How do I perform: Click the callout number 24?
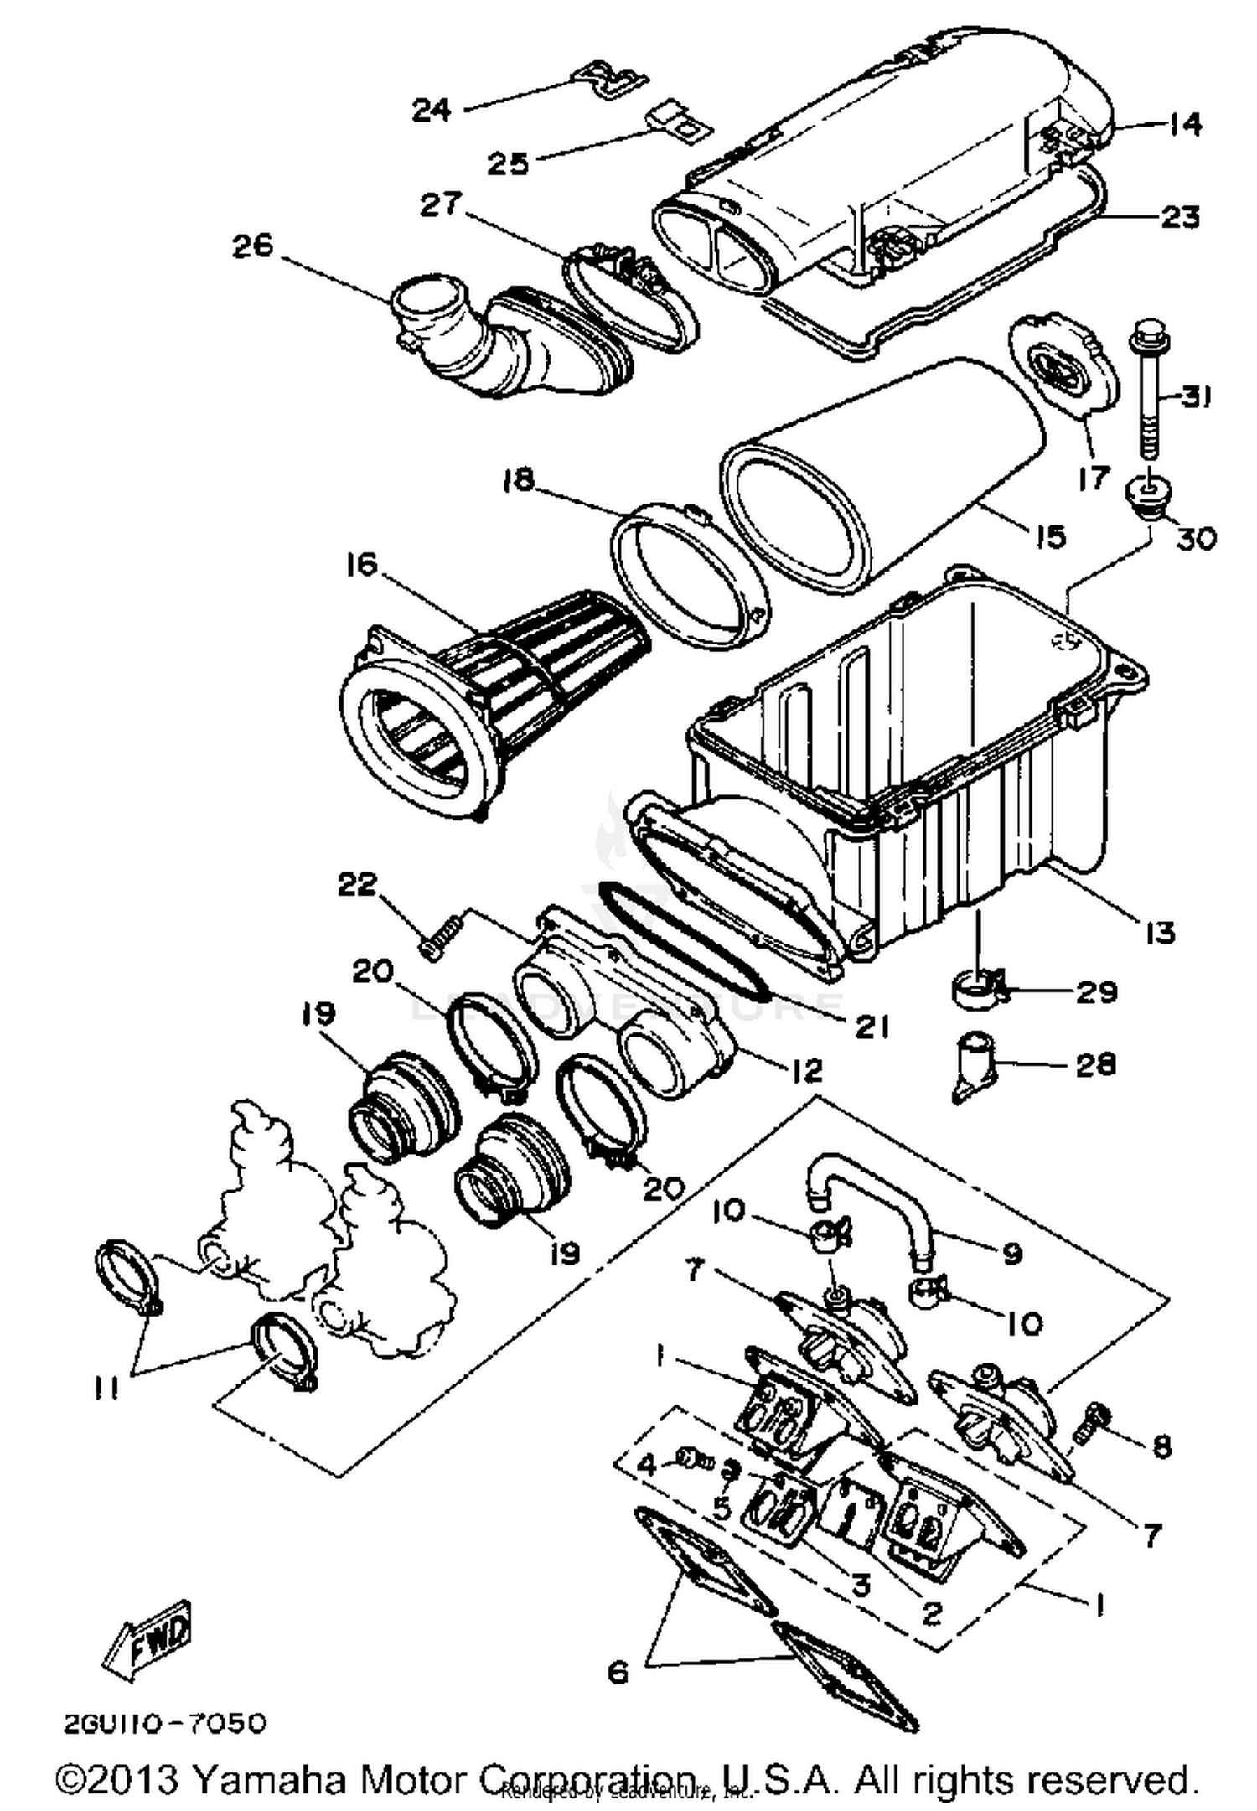pyautogui.click(x=432, y=110)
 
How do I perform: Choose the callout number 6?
pyautogui.click(x=618, y=1673)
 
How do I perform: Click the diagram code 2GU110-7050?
pyautogui.click(x=165, y=1723)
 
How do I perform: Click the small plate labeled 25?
pyautogui.click(x=679, y=120)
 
